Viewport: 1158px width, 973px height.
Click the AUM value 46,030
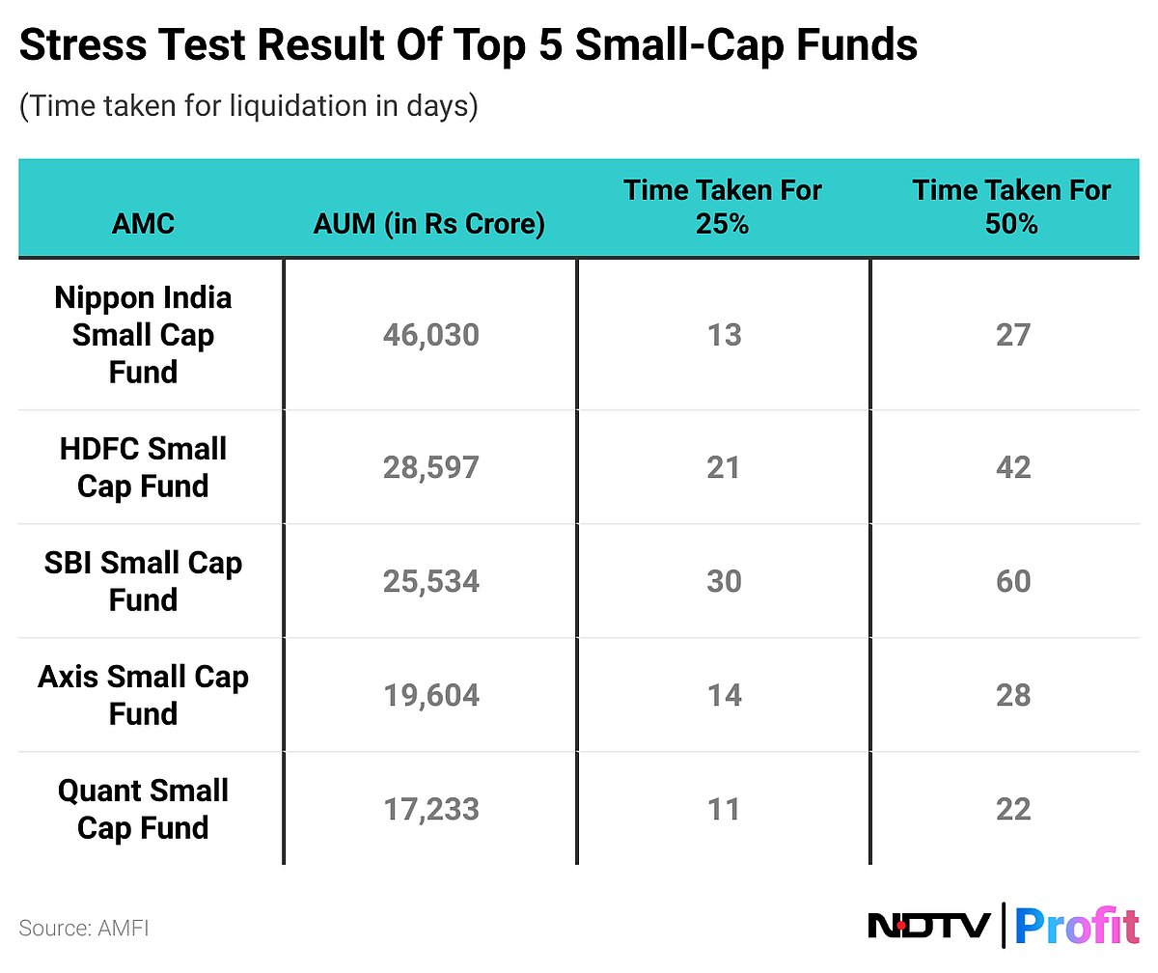430,335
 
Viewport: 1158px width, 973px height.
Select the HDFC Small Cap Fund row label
143,467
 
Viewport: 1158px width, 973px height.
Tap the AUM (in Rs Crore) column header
429,224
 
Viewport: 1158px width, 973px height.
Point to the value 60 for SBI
1013,581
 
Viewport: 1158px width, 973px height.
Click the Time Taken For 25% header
723,207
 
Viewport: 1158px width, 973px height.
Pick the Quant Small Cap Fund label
143,809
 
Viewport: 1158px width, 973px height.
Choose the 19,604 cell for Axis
430,695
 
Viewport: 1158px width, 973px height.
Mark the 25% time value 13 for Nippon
723,335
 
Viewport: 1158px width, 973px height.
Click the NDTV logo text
929,926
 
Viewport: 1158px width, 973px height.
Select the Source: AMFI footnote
84,929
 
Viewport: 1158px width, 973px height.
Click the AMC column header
143,224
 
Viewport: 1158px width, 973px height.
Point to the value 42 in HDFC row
1013,467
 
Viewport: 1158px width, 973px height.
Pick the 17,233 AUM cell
430,809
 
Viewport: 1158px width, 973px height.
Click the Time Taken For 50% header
1012,207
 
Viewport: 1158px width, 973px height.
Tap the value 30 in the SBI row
723,581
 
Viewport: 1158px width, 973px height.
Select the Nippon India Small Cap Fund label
143,335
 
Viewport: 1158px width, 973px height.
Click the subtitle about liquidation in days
248,106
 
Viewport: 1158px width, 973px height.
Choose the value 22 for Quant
1013,809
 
